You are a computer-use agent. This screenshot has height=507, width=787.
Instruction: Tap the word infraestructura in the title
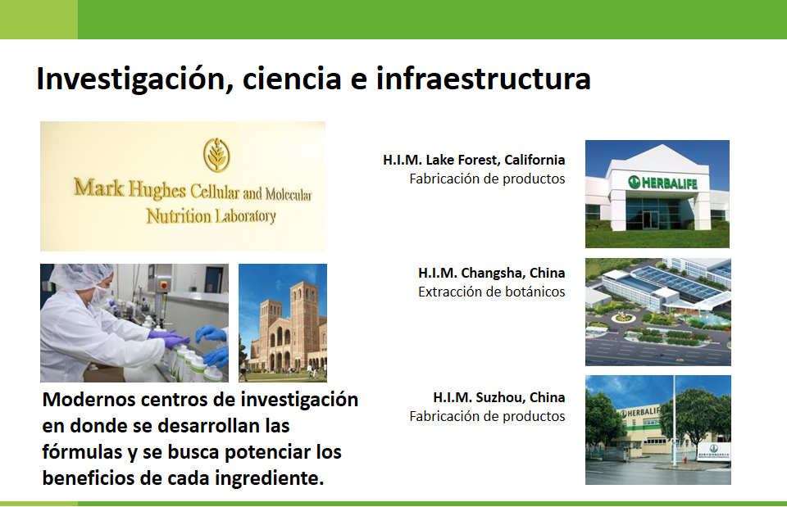484,79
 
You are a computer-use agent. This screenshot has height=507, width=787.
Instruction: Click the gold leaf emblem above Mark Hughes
216,155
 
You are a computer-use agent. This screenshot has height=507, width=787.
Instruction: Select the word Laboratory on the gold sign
245,216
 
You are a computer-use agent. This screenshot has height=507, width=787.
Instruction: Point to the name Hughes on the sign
157,189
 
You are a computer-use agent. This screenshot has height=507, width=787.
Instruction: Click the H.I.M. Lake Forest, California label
474,160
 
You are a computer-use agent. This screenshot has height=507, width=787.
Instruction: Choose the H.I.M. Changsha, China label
491,273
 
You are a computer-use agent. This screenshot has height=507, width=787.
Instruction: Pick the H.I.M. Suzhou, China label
499,397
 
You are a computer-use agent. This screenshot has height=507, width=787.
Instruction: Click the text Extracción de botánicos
491,292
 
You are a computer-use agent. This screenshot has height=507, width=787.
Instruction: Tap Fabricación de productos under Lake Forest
487,179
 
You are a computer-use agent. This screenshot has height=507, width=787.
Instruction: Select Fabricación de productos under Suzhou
487,416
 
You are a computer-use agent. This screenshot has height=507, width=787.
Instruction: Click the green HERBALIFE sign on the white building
662,183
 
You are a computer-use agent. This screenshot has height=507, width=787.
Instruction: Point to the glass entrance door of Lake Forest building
650,220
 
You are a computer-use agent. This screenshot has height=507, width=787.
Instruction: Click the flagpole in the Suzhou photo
674,421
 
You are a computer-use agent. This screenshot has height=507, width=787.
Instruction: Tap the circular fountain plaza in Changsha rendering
621,318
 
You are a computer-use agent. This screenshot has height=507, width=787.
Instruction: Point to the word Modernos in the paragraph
89,400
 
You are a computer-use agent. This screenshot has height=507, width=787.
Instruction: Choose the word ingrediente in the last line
269,478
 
